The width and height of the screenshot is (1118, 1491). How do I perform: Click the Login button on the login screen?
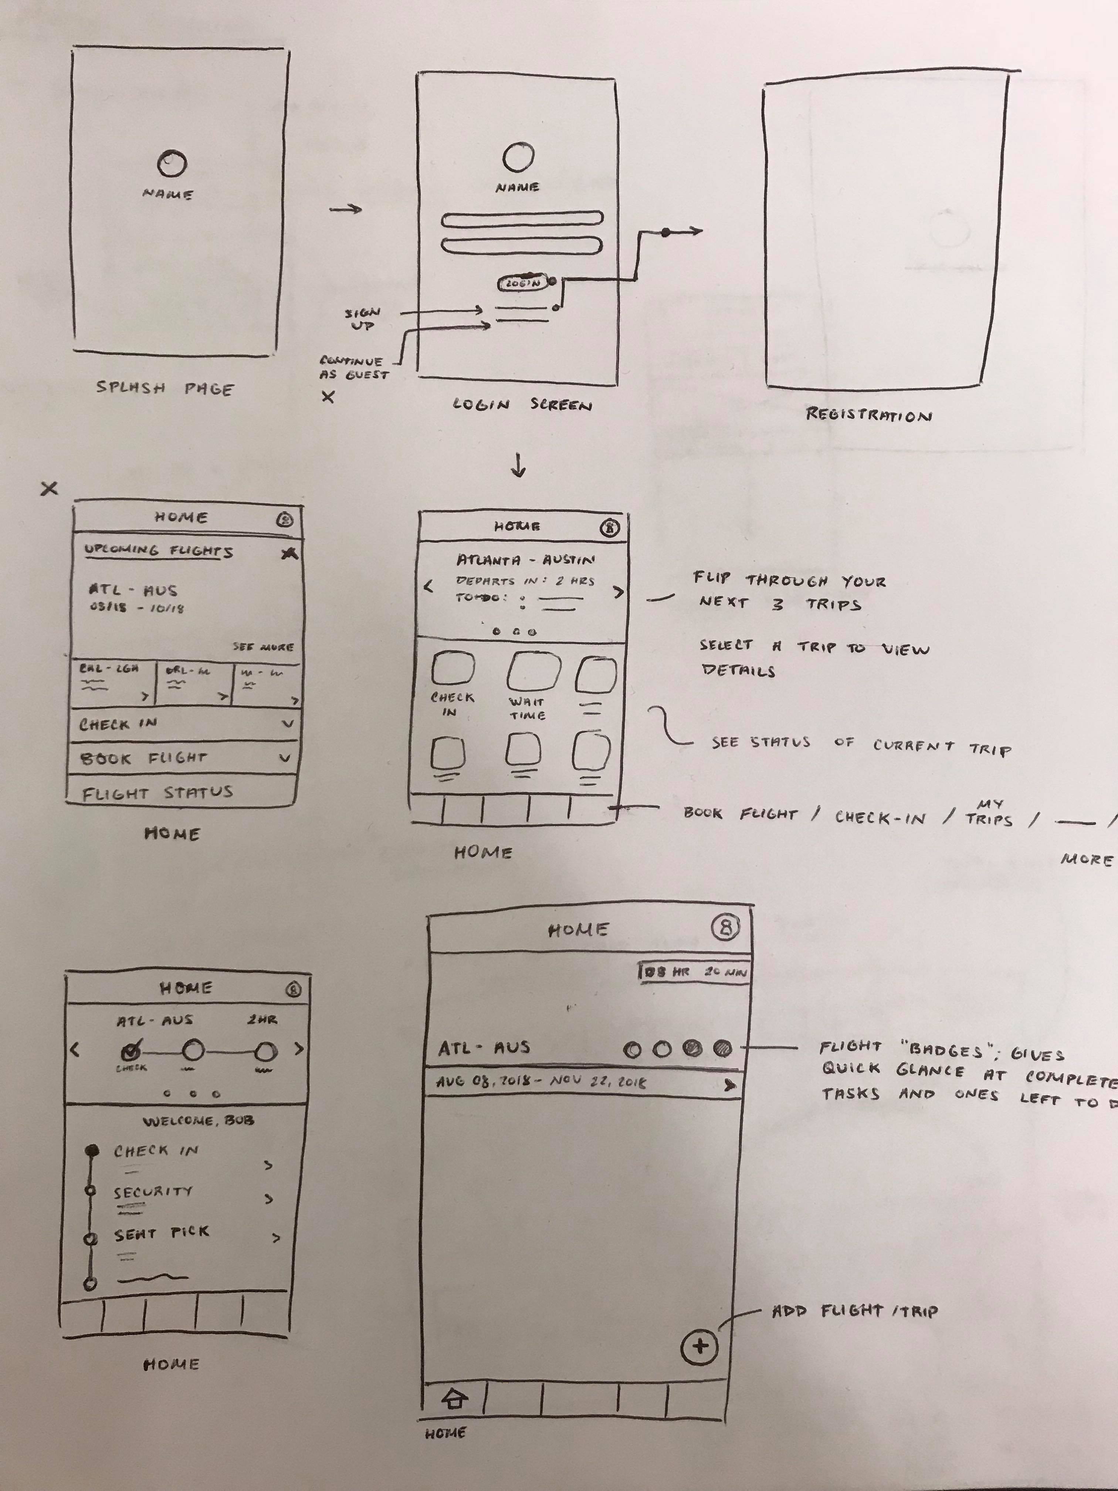(524, 283)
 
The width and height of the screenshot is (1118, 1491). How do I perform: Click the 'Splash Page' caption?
(165, 388)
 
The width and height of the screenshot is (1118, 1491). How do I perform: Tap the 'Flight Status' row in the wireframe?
(158, 793)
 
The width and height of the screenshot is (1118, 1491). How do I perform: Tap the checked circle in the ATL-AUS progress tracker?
(131, 1049)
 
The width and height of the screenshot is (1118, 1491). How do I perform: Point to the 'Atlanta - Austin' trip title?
(526, 559)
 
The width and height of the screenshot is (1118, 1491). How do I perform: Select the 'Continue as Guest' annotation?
(354, 367)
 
